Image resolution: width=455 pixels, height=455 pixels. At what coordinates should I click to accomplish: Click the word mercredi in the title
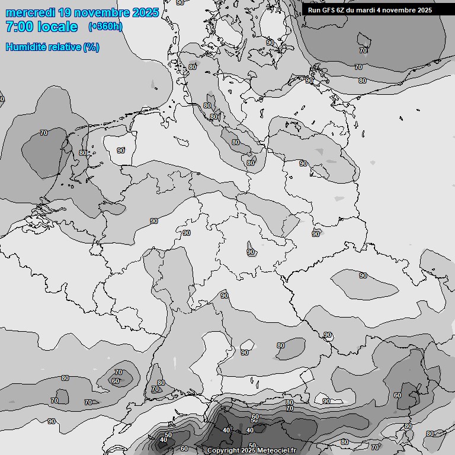tap(29, 12)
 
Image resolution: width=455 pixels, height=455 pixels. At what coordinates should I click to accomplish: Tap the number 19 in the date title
tap(67, 12)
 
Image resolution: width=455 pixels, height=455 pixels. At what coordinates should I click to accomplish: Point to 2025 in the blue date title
tap(146, 12)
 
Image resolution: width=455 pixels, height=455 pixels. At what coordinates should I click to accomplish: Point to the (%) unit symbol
tap(91, 47)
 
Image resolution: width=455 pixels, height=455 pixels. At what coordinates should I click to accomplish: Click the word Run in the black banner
tap(314, 10)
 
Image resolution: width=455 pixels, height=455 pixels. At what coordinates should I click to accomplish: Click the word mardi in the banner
tap(366, 10)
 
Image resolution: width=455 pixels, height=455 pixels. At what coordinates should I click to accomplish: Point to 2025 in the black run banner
tap(425, 10)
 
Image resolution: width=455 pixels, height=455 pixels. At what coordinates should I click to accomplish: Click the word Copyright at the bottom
tap(223, 451)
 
